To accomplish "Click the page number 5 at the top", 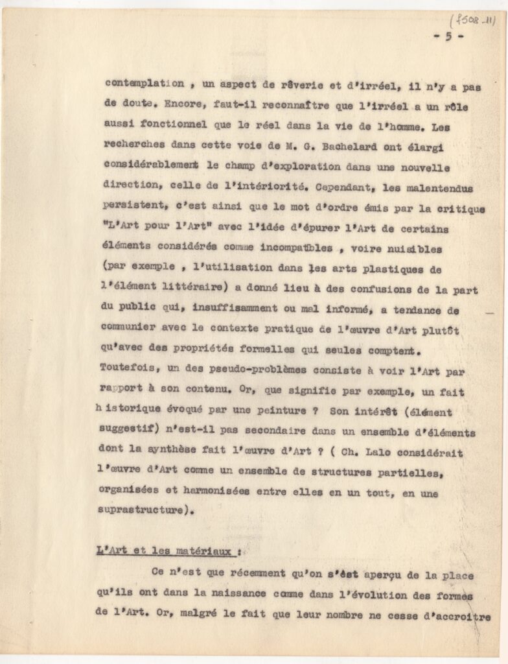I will click(x=448, y=36).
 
